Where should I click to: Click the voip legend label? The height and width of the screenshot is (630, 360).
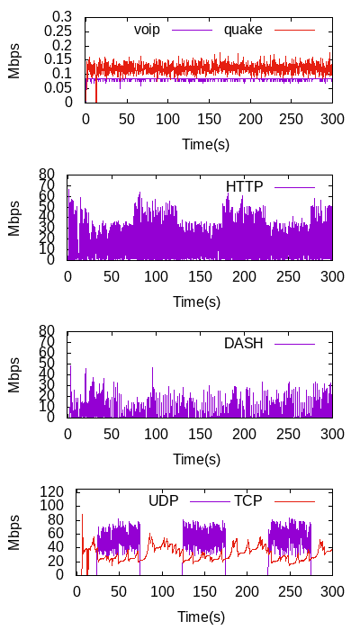pyautogui.click(x=147, y=30)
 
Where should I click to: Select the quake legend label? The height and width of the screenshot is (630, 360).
pyautogui.click(x=243, y=30)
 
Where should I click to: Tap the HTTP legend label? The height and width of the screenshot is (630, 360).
pyautogui.click(x=244, y=187)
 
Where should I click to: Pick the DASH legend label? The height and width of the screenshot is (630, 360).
pyautogui.click(x=244, y=344)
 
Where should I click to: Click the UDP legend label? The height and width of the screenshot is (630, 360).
pyautogui.click(x=164, y=501)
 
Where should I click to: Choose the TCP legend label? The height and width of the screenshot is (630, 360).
pyautogui.click(x=247, y=501)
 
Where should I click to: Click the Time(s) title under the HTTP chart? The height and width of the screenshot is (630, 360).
pyautogui.click(x=197, y=301)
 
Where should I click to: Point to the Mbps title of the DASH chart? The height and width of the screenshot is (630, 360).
pyautogui.click(x=14, y=374)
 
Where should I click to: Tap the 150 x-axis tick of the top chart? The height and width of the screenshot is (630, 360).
pyautogui.click(x=209, y=120)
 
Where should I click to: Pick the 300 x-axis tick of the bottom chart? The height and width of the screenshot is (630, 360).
pyautogui.click(x=333, y=592)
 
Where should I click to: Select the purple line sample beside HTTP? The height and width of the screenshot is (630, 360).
pyautogui.click(x=295, y=187)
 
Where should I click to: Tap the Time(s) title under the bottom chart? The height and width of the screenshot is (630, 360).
pyautogui.click(x=201, y=616)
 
